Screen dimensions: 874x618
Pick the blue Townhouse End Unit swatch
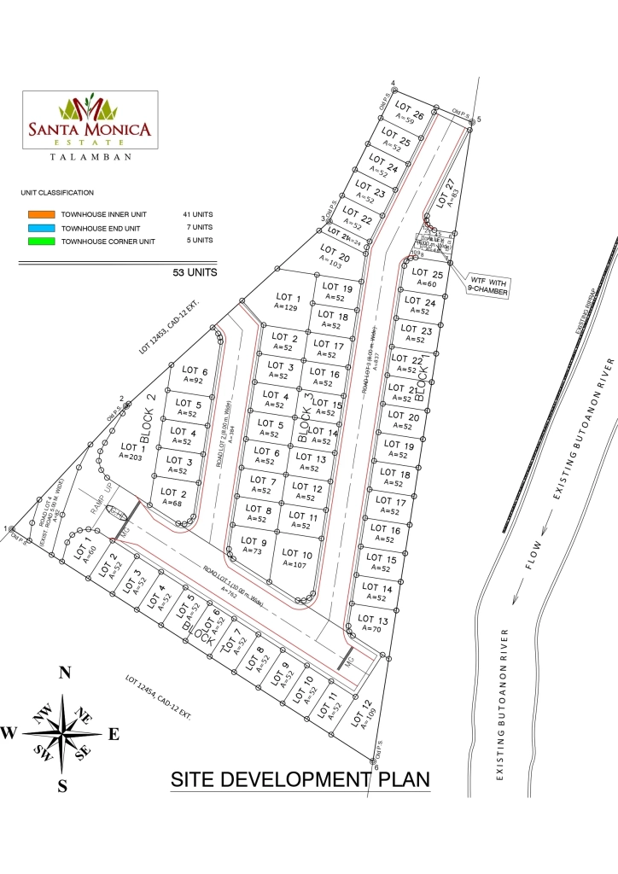point(41,228)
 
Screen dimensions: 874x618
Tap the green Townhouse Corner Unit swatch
point(41,242)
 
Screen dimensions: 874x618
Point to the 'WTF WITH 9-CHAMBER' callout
point(487,284)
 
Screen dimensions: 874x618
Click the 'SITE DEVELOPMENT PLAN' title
point(300,779)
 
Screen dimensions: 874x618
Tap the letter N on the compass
point(63,673)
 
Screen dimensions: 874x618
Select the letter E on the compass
point(114,733)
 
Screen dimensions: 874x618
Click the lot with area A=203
point(132,452)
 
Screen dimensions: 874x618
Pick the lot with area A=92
point(193,376)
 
